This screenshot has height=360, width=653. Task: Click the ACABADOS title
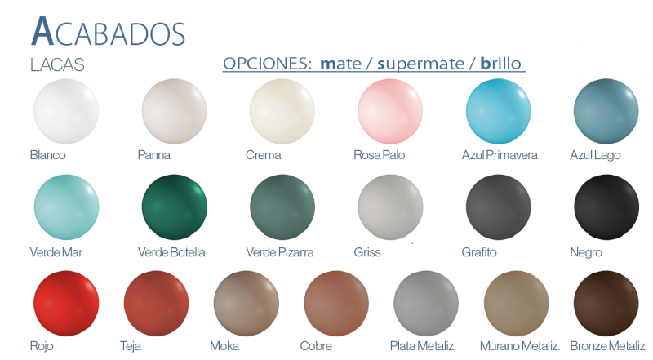109,32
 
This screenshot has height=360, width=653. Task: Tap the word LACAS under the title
57,65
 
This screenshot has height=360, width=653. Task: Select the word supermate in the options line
420,64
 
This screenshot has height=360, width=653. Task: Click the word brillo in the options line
500,64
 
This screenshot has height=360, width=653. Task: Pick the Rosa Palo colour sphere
390,111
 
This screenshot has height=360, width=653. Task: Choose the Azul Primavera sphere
498,111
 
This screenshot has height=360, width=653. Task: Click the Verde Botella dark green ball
174,207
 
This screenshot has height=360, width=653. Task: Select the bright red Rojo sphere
66,304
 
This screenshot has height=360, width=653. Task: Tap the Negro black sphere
606,207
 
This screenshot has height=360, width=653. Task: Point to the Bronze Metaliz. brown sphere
606,304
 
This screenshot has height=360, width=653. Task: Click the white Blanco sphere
66,111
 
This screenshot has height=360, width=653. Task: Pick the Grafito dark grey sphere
498,207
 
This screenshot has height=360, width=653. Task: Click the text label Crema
263,155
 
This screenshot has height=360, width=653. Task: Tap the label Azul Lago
595,155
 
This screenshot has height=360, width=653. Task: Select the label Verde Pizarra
280,252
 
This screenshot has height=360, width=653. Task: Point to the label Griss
366,252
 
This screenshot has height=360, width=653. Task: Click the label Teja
131,346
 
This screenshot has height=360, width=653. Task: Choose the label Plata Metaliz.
423,346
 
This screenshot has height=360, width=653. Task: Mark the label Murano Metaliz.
520,346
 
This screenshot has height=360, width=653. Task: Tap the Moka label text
224,346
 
